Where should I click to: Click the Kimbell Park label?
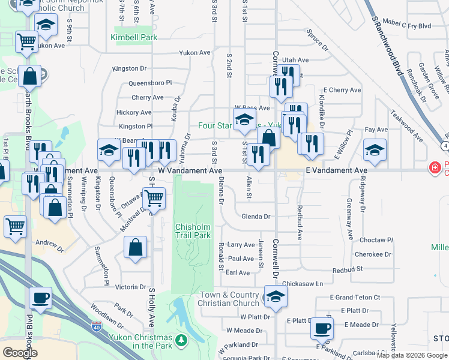[x=133, y=37]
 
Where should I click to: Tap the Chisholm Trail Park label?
[x=193, y=231]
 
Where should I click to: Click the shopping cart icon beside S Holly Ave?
[x=154, y=197]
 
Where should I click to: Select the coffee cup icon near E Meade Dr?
[x=322, y=329]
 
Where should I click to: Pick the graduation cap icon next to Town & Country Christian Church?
[x=276, y=296]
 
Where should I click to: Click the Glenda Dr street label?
[x=256, y=217]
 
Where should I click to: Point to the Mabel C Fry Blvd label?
[x=411, y=26]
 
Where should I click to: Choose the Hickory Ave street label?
[x=134, y=112]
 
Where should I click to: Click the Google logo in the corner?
[x=20, y=353]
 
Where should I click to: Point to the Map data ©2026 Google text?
[x=412, y=355]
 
